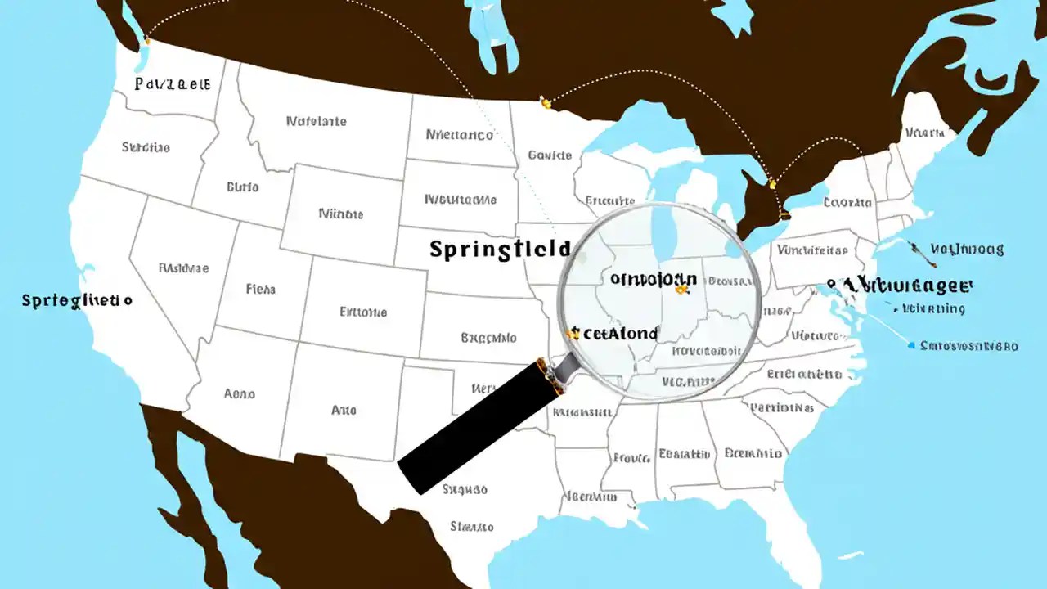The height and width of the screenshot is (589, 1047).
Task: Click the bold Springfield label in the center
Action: coord(499,250)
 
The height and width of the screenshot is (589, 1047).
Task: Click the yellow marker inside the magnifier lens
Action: coord(681,287)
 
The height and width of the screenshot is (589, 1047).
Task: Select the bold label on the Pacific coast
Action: coord(76,300)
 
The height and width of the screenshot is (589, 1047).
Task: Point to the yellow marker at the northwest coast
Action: coord(147,40)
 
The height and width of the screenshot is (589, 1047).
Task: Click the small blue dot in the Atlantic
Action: coord(911,346)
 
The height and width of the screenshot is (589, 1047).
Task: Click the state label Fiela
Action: coord(261,289)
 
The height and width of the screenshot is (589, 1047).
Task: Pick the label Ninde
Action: coord(340,214)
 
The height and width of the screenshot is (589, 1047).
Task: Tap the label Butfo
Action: coord(242,187)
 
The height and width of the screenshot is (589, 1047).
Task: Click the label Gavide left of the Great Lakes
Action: coord(549,155)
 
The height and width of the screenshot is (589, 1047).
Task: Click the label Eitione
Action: coord(363,312)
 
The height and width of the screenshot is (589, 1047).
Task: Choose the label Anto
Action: coord(344,410)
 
